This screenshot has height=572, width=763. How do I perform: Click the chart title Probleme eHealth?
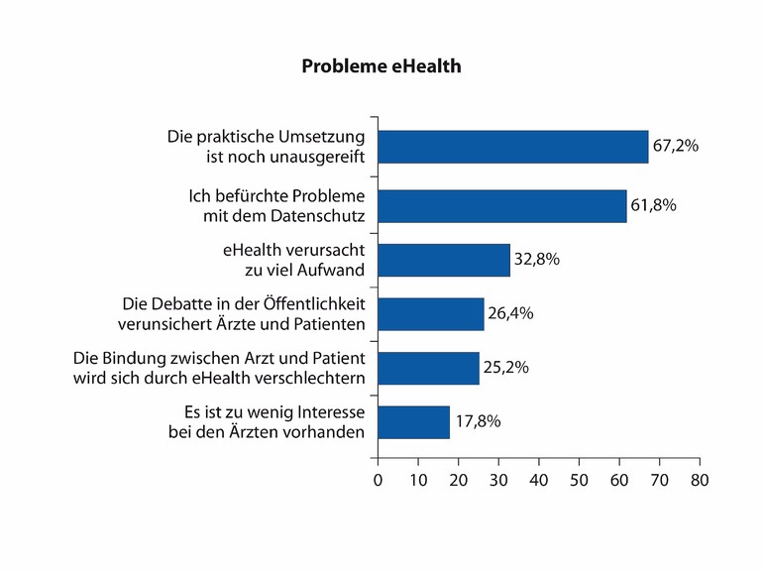tap(381, 67)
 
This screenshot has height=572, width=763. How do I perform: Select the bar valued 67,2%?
tap(512, 146)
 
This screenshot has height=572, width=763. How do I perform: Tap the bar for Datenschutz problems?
tap(501, 205)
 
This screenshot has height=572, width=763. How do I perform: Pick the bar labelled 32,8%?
tap(443, 260)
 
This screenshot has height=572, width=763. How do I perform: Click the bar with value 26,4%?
tap(430, 313)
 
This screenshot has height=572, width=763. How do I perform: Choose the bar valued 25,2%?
tap(428, 368)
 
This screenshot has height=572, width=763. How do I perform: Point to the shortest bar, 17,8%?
tap(413, 421)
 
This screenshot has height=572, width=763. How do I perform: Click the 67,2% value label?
tap(676, 146)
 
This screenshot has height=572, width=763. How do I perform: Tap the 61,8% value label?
tap(654, 205)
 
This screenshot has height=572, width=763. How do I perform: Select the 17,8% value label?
tap(478, 421)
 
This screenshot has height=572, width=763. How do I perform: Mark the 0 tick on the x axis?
tap(378, 480)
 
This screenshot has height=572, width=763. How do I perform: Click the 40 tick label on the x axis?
tap(538, 480)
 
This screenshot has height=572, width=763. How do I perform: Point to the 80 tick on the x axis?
tap(700, 480)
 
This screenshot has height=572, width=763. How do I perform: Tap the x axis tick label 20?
tap(458, 480)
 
